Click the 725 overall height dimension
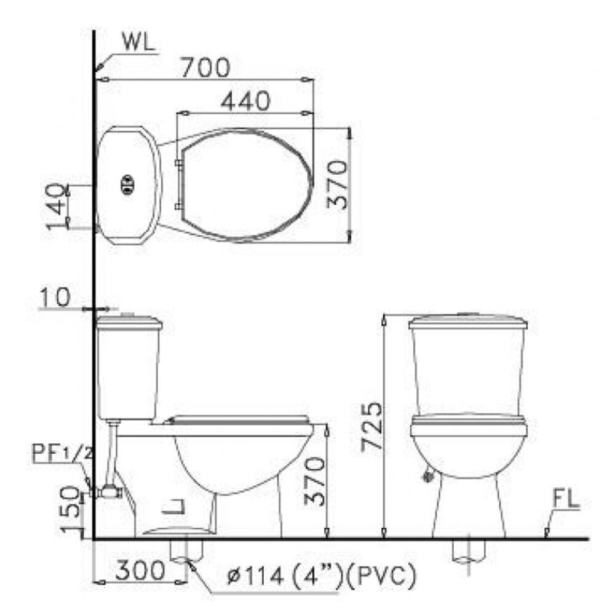[372, 426]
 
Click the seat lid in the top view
[246, 184]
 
